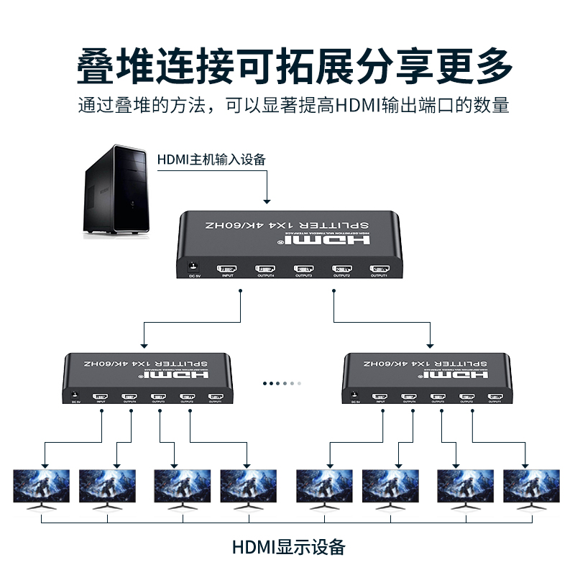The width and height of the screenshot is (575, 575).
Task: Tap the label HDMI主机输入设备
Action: tap(211, 159)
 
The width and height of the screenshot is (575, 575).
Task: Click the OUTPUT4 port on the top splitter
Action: tap(265, 269)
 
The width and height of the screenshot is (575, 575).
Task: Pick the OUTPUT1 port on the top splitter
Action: tap(379, 269)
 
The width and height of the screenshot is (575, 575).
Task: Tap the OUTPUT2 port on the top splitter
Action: tap(341, 269)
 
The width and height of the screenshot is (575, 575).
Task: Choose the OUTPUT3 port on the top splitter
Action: tap(303, 269)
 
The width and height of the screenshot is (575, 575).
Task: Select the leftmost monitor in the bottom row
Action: tap(42, 487)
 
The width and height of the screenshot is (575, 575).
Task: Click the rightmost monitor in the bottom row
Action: tap(532, 487)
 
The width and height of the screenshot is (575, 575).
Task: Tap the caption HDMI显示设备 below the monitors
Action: tap(288, 547)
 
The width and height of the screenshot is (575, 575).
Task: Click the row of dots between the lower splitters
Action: tap(280, 383)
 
